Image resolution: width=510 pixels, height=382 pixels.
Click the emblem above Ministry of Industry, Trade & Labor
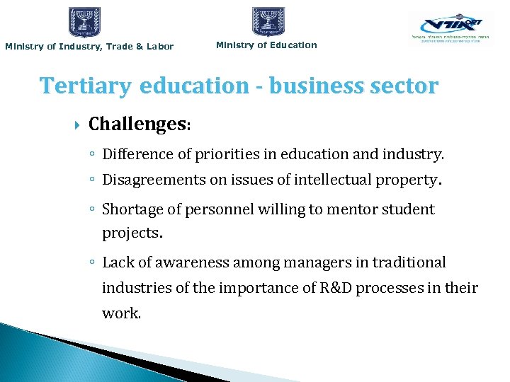coord(84,22)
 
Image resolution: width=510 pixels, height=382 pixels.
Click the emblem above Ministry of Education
coord(268,21)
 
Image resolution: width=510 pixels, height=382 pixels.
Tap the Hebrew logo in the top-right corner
coord(450,29)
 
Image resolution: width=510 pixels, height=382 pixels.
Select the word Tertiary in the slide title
coord(85,86)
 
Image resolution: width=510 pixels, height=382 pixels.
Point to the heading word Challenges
coord(136,125)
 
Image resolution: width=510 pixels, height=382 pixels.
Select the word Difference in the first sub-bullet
coord(135,154)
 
